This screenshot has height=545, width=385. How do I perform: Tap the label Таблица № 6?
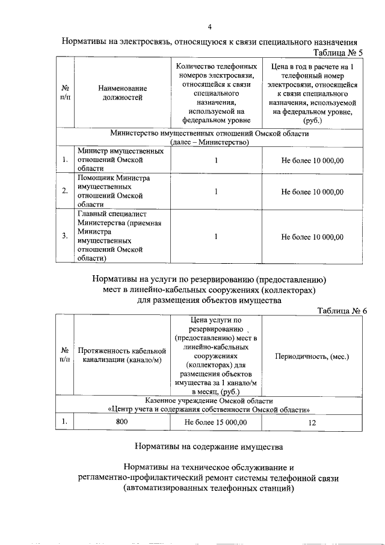(342, 310)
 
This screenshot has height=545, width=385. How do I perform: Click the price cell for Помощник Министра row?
(312, 192)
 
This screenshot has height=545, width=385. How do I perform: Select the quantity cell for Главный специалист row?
(215, 237)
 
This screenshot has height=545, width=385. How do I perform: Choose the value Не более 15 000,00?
(215, 422)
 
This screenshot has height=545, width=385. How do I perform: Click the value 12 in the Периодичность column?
(312, 422)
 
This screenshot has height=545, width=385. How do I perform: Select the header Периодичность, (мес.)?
(312, 357)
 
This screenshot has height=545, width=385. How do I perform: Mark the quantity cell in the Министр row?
(215, 160)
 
